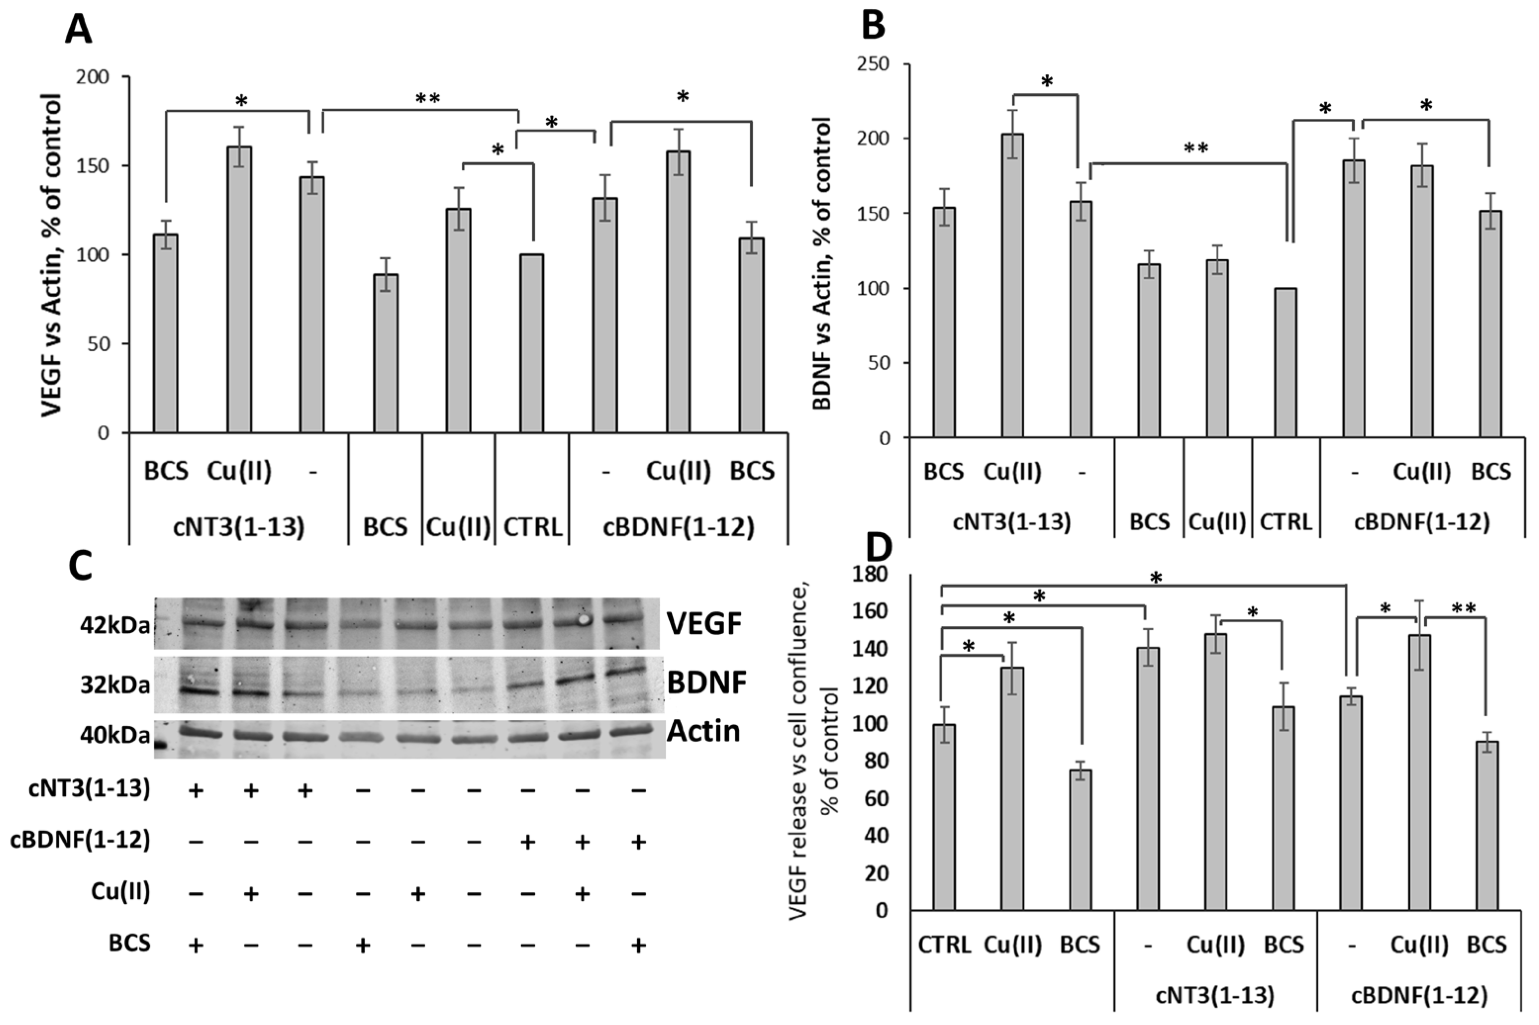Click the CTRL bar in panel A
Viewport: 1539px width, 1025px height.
(x=532, y=343)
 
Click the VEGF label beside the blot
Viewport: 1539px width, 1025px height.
(x=704, y=624)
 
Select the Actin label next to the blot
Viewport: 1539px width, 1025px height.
(x=703, y=731)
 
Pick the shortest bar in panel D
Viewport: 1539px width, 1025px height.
(x=1081, y=839)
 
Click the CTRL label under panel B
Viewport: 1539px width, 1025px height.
(x=1285, y=521)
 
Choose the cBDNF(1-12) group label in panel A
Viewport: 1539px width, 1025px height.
(x=678, y=527)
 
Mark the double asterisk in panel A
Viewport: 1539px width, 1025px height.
(x=428, y=99)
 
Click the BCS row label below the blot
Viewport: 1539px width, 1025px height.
(x=129, y=943)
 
